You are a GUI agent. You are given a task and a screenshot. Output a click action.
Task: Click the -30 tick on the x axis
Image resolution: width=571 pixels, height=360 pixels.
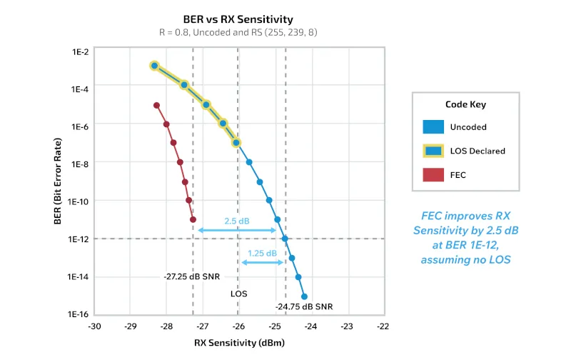(94, 326)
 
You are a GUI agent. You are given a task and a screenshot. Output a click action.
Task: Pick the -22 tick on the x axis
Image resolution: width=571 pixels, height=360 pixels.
(383, 326)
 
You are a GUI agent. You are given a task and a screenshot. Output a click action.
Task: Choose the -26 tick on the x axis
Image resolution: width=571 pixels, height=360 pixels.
(238, 326)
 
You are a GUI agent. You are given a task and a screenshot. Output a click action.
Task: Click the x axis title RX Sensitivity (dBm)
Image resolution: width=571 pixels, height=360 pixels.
(240, 343)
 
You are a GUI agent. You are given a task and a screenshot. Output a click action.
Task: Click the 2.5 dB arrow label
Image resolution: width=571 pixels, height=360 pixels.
(236, 221)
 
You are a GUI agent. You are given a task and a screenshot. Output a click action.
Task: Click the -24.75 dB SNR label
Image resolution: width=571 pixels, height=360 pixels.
(303, 307)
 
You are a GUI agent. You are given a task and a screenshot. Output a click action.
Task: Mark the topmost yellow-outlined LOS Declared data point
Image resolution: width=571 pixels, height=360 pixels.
(153, 66)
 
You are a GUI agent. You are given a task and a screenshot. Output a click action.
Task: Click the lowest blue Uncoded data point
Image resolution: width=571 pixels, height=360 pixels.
(304, 296)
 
